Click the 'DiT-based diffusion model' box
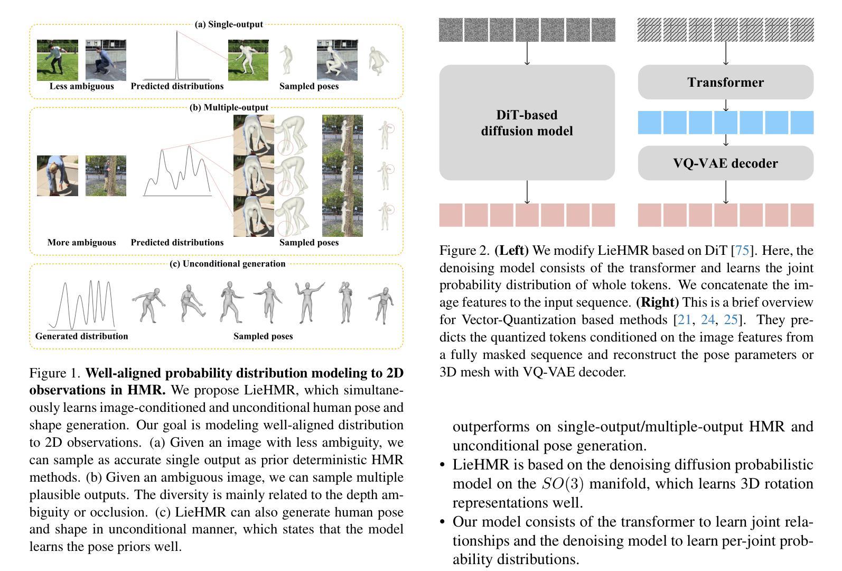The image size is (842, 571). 527,123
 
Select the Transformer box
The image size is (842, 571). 725,82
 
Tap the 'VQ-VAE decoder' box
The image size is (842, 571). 725,163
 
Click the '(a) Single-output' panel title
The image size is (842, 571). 229,24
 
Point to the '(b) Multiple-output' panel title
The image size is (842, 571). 229,107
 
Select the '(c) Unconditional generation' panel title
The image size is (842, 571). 227,264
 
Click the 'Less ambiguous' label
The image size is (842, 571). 81,86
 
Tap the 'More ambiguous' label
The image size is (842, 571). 81,243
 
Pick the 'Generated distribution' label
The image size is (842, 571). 81,336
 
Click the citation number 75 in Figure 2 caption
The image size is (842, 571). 742,251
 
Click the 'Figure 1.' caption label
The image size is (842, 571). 55,373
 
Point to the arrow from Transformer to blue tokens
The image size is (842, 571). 726,105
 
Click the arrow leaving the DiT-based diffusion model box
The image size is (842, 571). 527,192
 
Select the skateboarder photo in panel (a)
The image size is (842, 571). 106,60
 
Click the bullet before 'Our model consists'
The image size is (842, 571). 443,522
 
